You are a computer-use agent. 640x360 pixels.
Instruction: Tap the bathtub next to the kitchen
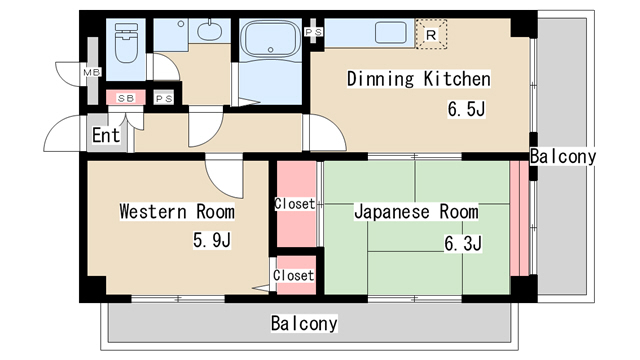[270, 42]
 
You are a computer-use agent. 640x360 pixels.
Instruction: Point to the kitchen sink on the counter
[390, 33]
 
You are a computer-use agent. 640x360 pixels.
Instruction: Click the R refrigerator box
[431, 34]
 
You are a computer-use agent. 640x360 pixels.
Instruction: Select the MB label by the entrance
[92, 73]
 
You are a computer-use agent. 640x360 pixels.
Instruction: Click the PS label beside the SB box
[164, 98]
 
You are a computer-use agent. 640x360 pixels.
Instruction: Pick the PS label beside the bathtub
[314, 32]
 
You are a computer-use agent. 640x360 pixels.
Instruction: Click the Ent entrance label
[106, 135]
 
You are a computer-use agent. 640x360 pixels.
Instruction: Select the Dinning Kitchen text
[418, 79]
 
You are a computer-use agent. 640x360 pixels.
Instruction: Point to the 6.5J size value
[465, 108]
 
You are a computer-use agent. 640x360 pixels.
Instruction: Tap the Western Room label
[177, 212]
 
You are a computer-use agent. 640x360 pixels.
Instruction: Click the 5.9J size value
[212, 240]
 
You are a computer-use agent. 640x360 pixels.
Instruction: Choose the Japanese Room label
[416, 212]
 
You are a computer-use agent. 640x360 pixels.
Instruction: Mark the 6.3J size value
[463, 243]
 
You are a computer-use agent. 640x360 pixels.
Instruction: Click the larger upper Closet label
[295, 204]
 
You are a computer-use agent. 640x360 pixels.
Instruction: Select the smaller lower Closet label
[294, 275]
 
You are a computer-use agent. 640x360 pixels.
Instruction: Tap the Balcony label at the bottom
[304, 324]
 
